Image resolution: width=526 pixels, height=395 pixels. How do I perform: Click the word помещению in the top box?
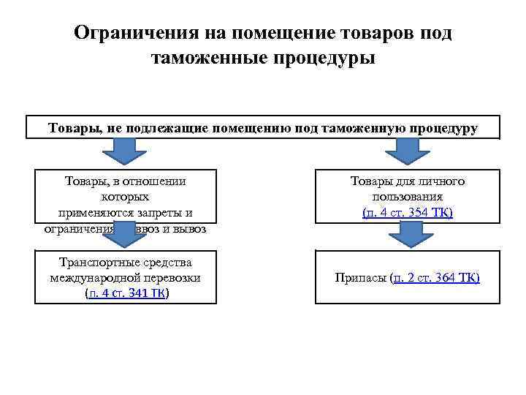point(248,128)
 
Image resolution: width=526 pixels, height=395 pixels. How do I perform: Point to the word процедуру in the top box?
point(442,128)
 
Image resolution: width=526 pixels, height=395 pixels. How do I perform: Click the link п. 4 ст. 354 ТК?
point(408,212)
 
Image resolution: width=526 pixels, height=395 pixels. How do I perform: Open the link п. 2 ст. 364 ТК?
point(436,278)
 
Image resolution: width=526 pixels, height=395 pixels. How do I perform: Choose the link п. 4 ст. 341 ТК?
point(126,293)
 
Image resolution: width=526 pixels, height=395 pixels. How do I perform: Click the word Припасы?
point(360,278)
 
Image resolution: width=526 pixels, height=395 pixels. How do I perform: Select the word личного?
point(440,182)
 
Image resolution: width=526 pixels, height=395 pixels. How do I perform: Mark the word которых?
point(125,197)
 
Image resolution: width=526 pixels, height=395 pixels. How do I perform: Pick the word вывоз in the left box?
point(189,228)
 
